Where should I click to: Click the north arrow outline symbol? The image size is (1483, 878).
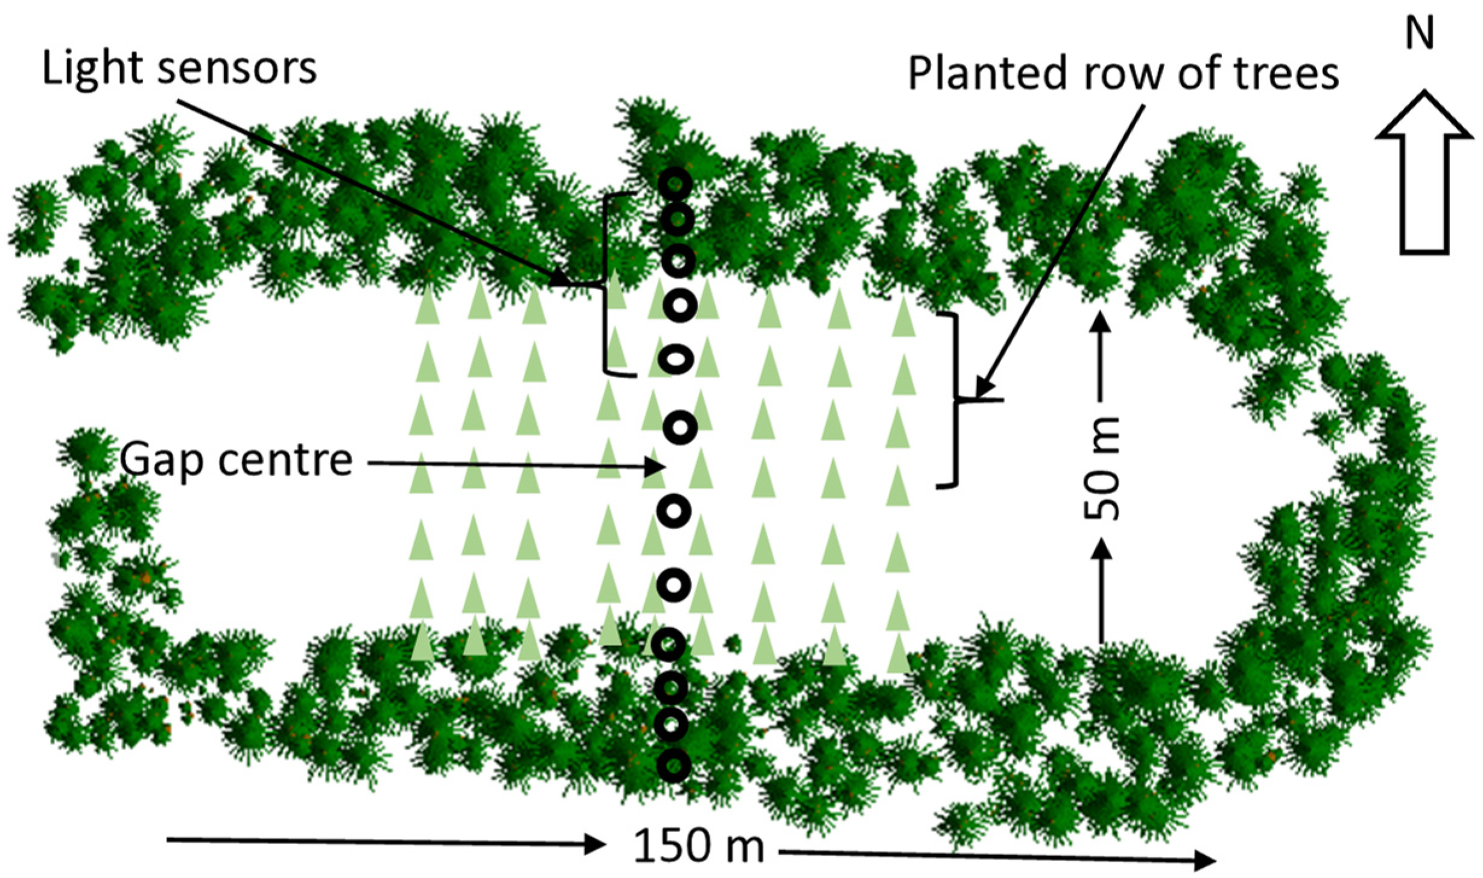[x=1425, y=175]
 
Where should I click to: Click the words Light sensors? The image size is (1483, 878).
[x=179, y=68]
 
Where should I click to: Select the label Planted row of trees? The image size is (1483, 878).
[x=1123, y=74]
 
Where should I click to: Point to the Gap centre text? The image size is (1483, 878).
[x=236, y=461]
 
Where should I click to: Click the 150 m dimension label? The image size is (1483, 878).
[x=698, y=846]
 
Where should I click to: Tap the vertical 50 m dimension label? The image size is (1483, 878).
[x=1101, y=469]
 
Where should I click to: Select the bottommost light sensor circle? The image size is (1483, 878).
[x=674, y=766]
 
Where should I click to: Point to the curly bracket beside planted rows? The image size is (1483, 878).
[x=953, y=399]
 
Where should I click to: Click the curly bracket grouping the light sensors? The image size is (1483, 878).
[x=606, y=284]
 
